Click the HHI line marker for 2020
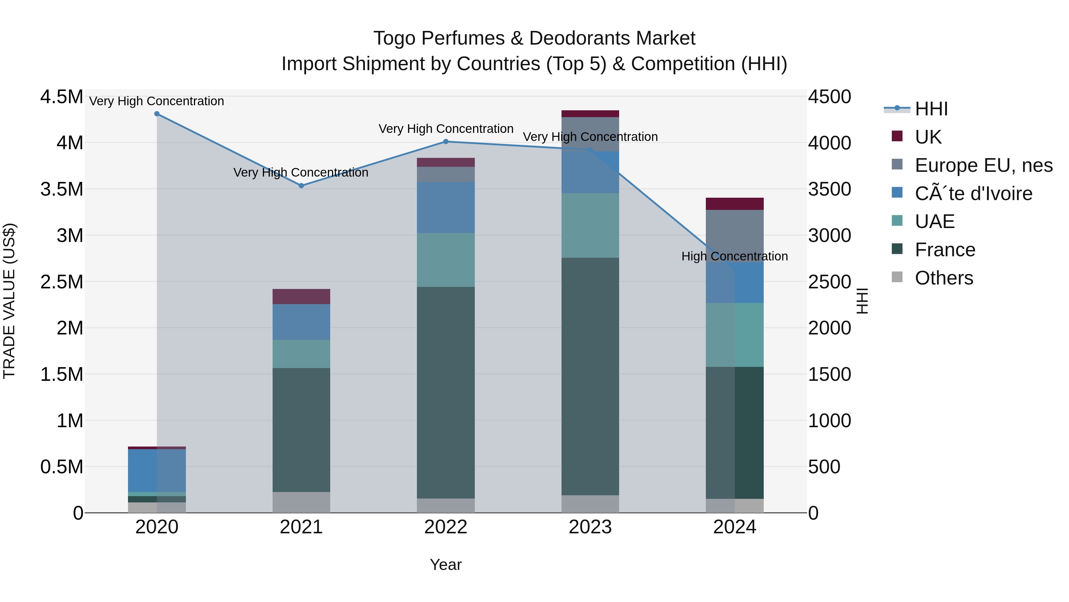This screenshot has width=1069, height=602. point(157,114)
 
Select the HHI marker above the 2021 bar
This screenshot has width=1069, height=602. point(302,186)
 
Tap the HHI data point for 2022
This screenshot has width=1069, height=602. point(446,142)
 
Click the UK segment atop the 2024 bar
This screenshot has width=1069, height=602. point(735,204)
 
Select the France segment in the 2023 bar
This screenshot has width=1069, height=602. point(590,376)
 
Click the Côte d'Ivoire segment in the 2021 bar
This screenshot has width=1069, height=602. point(301,322)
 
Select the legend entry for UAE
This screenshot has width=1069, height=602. point(934,221)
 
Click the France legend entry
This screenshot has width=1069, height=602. point(945,250)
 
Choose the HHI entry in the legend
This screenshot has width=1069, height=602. point(931,109)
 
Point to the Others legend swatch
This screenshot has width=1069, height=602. point(897,278)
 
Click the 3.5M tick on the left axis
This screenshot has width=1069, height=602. point(61,189)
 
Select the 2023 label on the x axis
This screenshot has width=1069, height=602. point(590,527)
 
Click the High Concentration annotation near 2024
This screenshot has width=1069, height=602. point(735,256)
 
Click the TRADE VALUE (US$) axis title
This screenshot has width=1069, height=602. point(10,301)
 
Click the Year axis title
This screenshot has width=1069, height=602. point(446,565)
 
